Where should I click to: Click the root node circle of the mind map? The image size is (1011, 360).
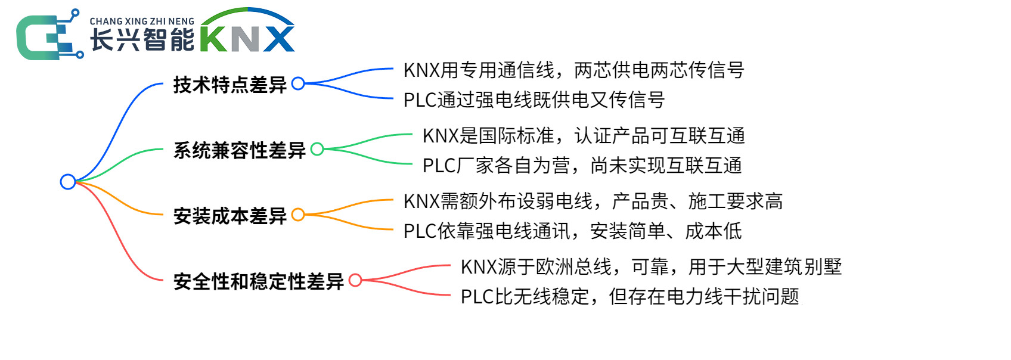point(68,182)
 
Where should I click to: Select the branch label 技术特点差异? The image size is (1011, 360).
point(230,85)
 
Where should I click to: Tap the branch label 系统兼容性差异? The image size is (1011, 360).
point(240,150)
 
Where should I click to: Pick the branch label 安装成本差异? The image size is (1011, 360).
point(230,216)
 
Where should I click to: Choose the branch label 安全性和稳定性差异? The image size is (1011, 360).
point(259,281)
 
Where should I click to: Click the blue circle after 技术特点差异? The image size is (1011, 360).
point(298,83)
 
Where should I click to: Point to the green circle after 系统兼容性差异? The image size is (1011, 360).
point(317,149)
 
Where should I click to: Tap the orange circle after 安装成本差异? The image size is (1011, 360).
point(298,215)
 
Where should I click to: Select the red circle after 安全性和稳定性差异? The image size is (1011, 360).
point(355,280)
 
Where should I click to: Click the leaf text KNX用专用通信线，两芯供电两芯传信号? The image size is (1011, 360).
point(573,70)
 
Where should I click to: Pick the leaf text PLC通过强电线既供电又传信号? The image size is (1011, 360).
point(534,100)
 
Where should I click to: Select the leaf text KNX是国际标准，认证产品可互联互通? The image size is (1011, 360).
point(584,136)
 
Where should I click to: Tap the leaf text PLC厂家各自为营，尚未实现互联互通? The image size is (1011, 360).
point(582,166)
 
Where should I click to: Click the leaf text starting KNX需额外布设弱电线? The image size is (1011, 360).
point(593,201)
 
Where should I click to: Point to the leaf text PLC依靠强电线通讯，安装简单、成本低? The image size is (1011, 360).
point(572,231)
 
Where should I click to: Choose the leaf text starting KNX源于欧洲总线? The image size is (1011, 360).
point(651,267)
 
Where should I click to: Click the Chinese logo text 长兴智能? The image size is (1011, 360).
point(142,40)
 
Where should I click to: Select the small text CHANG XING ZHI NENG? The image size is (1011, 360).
point(142,21)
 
